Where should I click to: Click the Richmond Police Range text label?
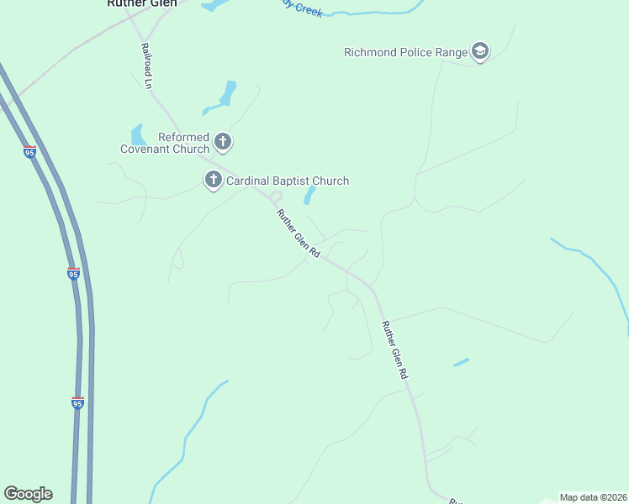405,52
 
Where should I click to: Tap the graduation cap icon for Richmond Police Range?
480,52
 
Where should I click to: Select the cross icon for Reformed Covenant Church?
223,142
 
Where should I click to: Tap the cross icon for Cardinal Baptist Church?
213,180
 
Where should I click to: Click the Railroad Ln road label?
145,66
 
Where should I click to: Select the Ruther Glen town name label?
142,3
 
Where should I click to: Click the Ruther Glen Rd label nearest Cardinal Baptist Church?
299,234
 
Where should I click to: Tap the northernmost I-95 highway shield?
30,152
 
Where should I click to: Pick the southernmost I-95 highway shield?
77,403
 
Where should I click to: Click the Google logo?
28,494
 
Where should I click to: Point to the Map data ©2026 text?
593,497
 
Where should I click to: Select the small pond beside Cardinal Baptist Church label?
309,196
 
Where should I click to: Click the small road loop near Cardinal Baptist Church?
276,197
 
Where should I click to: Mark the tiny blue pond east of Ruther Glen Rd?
461,362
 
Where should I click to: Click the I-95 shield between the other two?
74,274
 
